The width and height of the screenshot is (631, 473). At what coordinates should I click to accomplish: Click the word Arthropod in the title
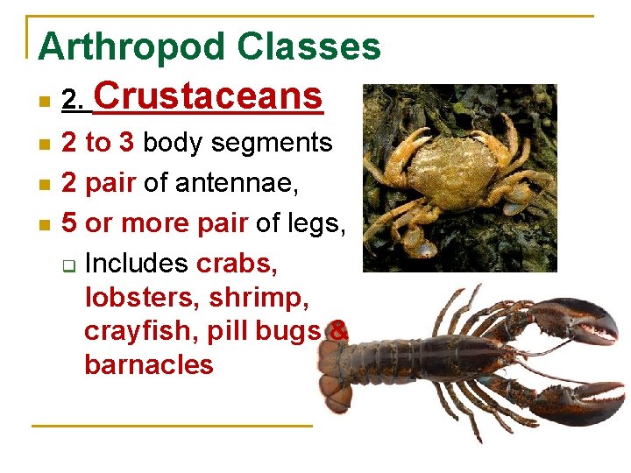click(120, 47)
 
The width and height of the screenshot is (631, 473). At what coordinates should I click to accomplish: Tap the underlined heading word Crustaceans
click(208, 95)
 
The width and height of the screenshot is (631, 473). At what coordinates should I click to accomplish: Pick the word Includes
click(138, 263)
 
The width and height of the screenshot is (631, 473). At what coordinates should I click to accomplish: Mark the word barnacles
click(149, 364)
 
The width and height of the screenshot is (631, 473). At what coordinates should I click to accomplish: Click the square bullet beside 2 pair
click(44, 185)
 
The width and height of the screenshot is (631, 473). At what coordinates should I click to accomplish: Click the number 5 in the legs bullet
click(69, 223)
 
